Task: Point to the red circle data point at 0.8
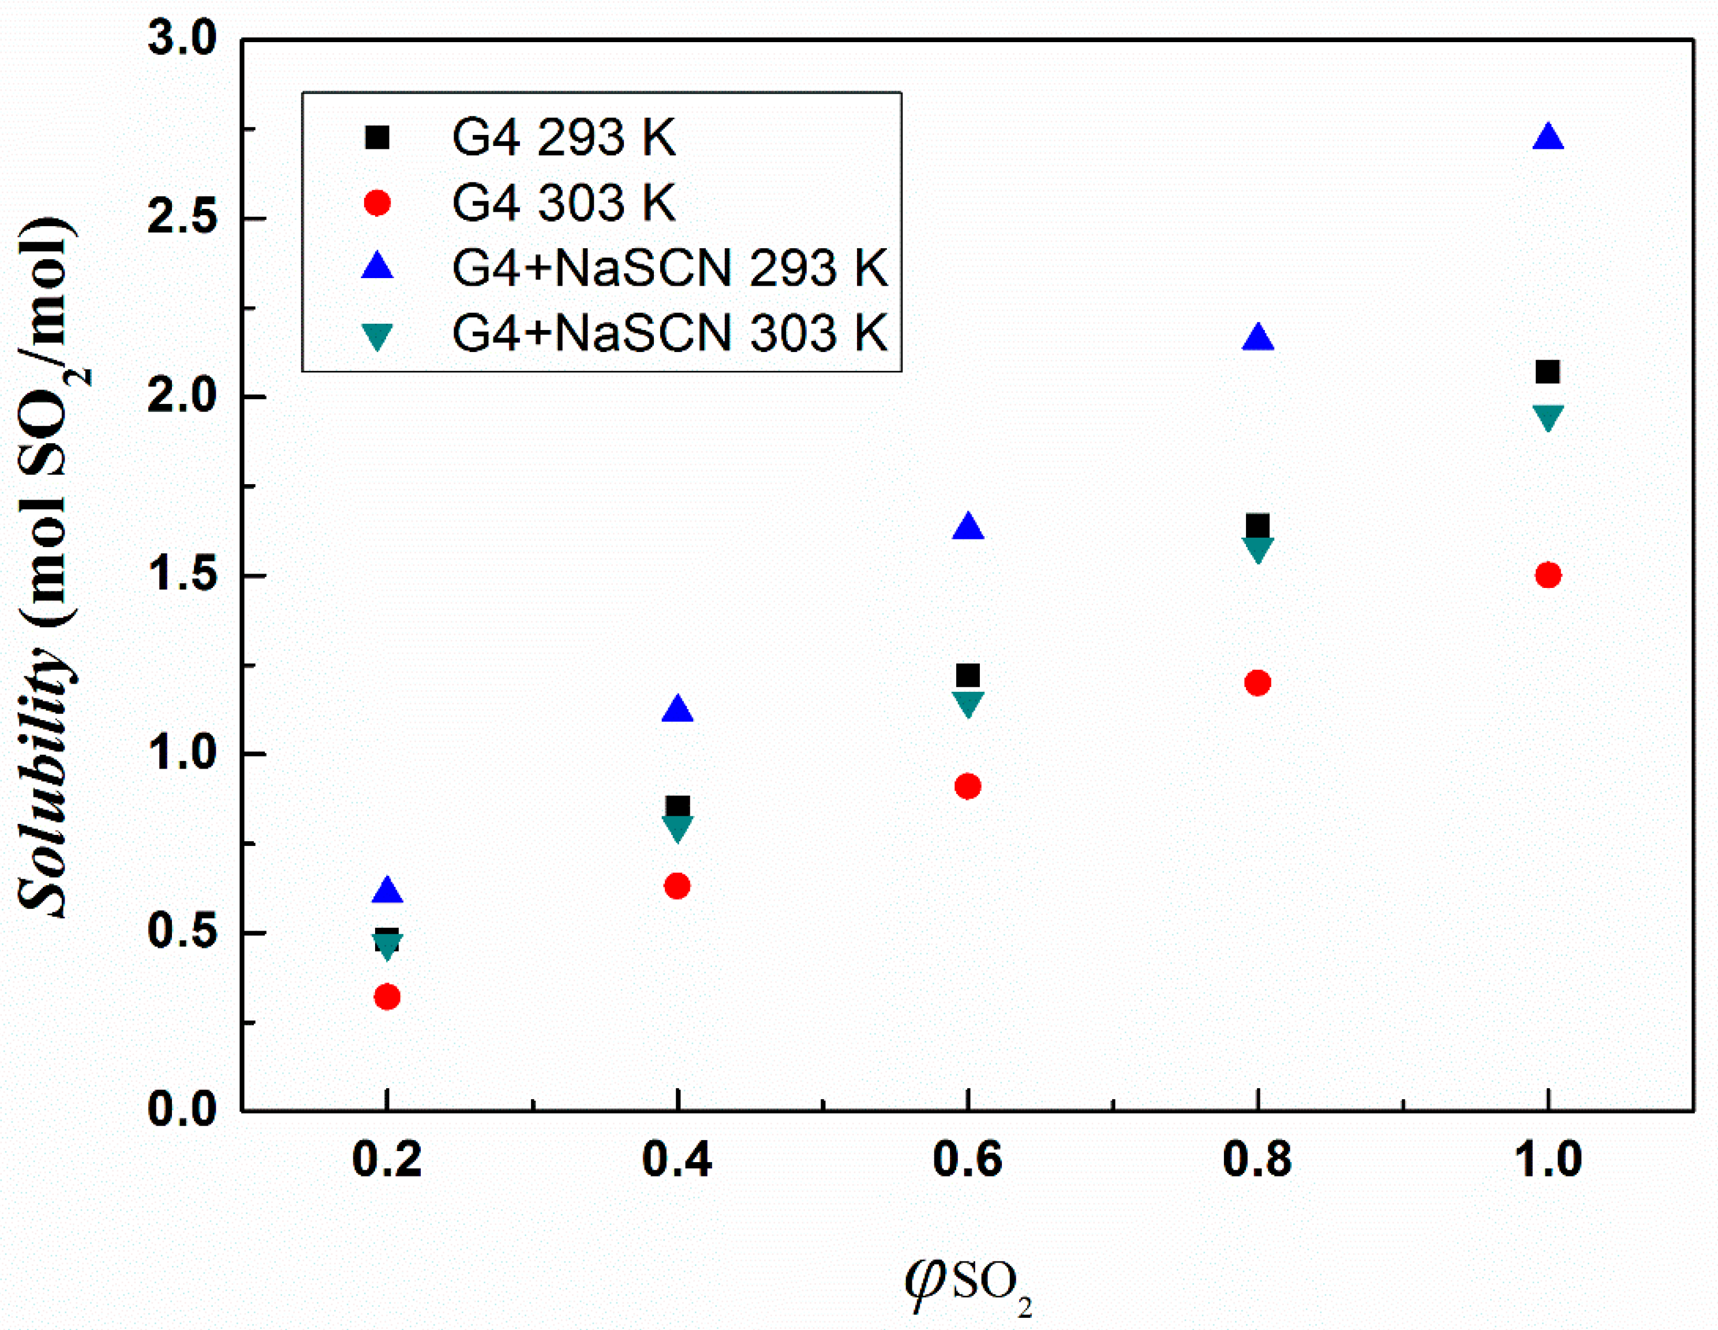[x=1258, y=683]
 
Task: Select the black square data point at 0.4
[x=678, y=806]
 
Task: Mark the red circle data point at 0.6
[x=968, y=786]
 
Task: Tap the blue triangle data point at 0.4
[x=678, y=710]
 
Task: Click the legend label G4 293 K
[x=564, y=138]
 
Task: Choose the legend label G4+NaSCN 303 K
[x=669, y=333]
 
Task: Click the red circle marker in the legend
[x=377, y=203]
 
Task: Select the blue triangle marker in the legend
[x=377, y=266]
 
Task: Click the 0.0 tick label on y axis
[x=182, y=1111]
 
